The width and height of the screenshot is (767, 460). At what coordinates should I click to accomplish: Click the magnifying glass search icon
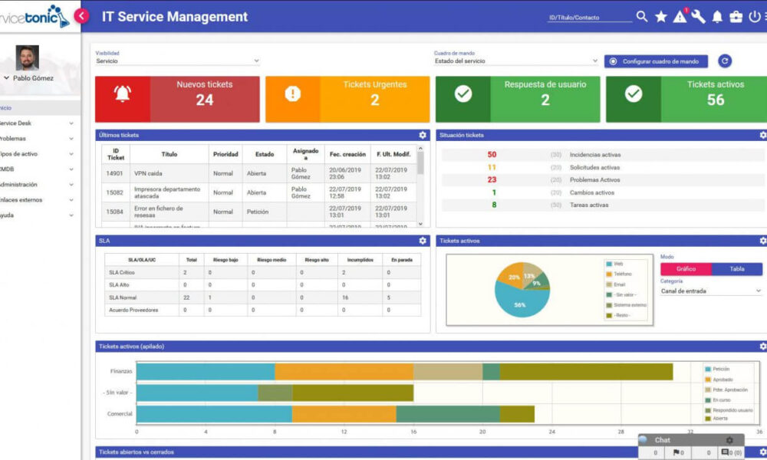pos(642,17)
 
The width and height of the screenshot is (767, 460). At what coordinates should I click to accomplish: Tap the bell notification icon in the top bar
pos(717,17)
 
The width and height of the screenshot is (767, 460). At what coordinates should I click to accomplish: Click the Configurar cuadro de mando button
pos(656,61)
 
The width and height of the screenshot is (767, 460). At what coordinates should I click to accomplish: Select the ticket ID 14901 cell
pos(115,173)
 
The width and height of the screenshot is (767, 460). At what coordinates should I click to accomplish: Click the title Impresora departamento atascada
pos(167,192)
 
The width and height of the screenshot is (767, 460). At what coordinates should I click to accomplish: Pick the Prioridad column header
pos(225,154)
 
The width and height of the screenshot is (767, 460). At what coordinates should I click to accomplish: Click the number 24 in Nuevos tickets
pos(204,100)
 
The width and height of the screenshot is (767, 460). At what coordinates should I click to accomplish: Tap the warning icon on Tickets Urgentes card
pos(292,94)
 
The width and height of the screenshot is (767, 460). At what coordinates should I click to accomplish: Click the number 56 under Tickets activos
pos(715,100)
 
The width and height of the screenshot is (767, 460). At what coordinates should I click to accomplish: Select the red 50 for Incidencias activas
pos(492,155)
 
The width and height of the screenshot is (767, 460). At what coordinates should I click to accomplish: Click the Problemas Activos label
pos(594,180)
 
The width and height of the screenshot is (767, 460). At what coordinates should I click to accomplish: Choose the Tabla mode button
pos(736,269)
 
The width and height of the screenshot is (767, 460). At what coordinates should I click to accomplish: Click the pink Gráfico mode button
pos(686,269)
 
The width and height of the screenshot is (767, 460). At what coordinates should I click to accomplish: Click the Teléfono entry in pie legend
pos(622,274)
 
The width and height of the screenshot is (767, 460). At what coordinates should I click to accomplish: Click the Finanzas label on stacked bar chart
pos(120,371)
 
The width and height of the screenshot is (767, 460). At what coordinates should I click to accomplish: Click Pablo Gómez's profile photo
pos(27,58)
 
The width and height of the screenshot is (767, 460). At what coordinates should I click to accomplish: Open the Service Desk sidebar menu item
pos(17,123)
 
